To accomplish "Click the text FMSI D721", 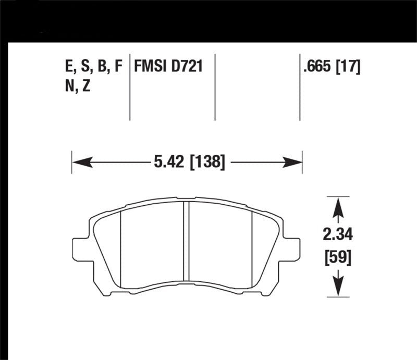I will coord(168,67).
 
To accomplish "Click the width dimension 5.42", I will coord(169,163).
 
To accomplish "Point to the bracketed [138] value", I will coord(207,163).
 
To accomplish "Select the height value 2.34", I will coord(338,235).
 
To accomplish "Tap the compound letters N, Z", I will coord(78,86).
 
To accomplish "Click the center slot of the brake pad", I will coord(186,240).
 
